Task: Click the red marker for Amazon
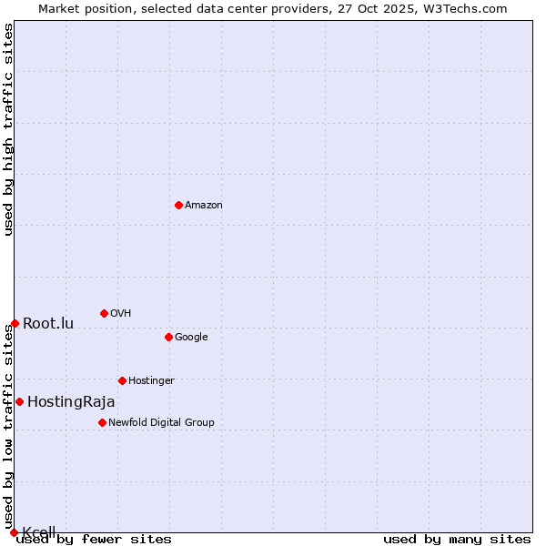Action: pyautogui.click(x=178, y=205)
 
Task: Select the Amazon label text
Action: pyautogui.click(x=204, y=206)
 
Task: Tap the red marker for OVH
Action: pyautogui.click(x=104, y=313)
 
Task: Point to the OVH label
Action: pyautogui.click(x=121, y=314)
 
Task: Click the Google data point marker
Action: pyautogui.click(x=168, y=337)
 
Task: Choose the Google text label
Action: pyautogui.click(x=191, y=338)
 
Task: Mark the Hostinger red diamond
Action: pyautogui.click(x=122, y=380)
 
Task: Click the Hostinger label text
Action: pyautogui.click(x=151, y=381)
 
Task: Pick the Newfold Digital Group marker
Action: pyautogui.click(x=102, y=422)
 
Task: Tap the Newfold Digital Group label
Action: pyautogui.click(x=161, y=423)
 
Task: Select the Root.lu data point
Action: pyautogui.click(x=15, y=323)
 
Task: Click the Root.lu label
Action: pyautogui.click(x=48, y=324)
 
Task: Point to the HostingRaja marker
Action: pyautogui.click(x=19, y=401)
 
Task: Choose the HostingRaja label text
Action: pyautogui.click(x=71, y=402)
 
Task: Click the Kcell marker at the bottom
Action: pyautogui.click(x=14, y=532)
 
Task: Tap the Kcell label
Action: pyautogui.click(x=39, y=531)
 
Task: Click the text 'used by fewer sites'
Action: pyautogui.click(x=94, y=540)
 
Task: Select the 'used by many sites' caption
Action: pyautogui.click(x=457, y=540)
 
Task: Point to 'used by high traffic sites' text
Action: pyautogui.click(x=8, y=129)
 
